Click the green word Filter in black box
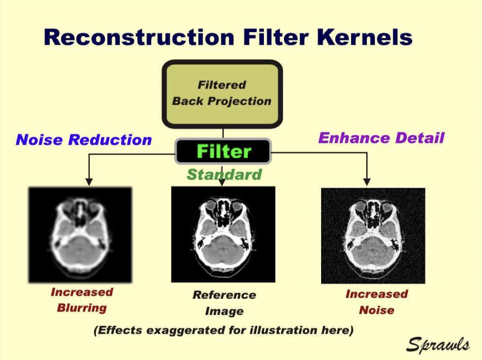(x=224, y=151)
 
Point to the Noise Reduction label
(x=84, y=140)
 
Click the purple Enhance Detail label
(x=381, y=137)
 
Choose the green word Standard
(x=224, y=174)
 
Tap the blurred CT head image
(x=80, y=235)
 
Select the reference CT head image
(x=223, y=234)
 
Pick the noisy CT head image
(x=373, y=236)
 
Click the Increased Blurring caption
(x=82, y=300)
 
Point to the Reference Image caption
(x=224, y=303)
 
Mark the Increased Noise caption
(x=377, y=302)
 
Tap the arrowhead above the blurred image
(x=89, y=182)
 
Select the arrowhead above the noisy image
(x=367, y=182)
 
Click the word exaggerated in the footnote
(x=186, y=330)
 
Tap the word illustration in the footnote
(x=278, y=330)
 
